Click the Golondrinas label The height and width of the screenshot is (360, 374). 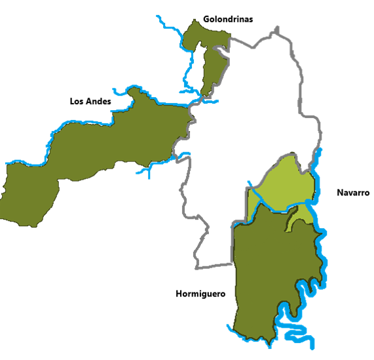tap(228, 19)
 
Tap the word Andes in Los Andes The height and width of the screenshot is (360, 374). tap(99, 102)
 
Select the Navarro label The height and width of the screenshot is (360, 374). tap(354, 193)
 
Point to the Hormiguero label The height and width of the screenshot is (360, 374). tap(200, 294)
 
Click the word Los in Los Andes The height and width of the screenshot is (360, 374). tap(77, 102)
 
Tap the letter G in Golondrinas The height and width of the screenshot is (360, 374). tap(206, 19)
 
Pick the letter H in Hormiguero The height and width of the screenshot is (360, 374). tap(179, 294)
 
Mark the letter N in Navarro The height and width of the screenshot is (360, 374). tap(340, 193)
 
